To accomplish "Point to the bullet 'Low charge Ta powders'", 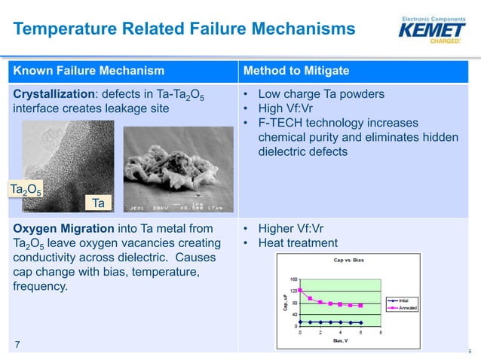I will tap(321, 95).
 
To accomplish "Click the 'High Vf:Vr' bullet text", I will tap(289, 109).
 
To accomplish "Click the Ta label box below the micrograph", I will tap(97, 203).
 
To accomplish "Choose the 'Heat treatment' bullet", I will tap(298, 243).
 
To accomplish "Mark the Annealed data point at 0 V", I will tap(300, 290).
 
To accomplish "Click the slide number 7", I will tap(19, 345).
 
